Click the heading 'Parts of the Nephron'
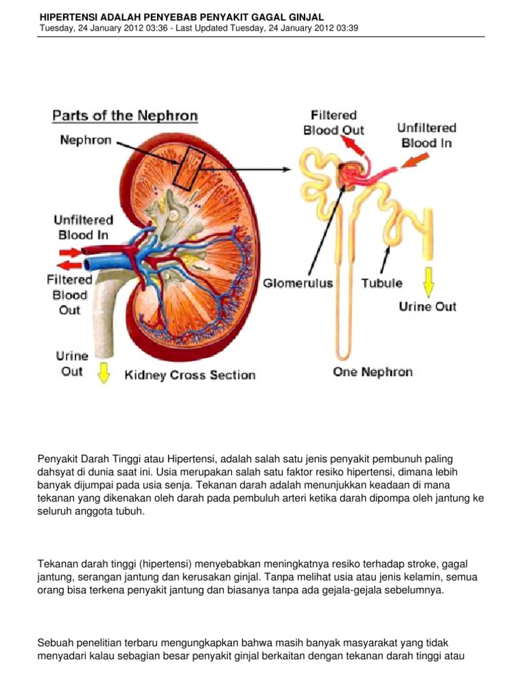point(125,116)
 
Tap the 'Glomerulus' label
point(300,283)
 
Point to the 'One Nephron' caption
point(372,372)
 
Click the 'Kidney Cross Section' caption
point(190,375)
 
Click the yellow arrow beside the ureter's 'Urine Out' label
point(103,372)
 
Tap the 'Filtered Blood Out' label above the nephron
point(333,123)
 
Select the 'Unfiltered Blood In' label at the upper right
point(426,135)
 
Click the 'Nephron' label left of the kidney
point(86,141)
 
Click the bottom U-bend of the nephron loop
point(344,354)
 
